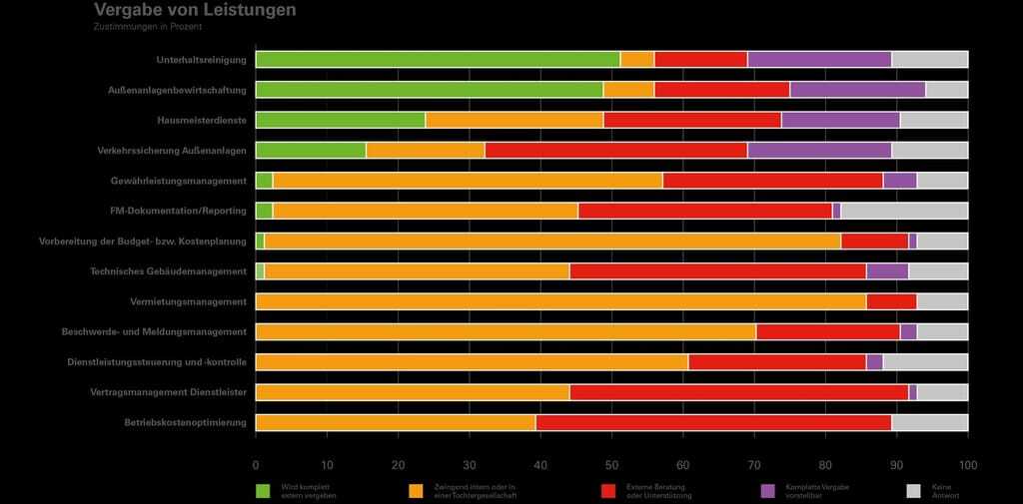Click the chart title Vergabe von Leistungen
tap(195, 10)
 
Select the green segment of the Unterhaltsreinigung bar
tap(438, 59)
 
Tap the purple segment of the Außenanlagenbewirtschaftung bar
tap(857, 89)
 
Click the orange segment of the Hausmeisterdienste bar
tap(514, 120)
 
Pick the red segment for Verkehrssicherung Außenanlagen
tap(615, 150)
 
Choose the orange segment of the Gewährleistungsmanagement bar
tap(467, 181)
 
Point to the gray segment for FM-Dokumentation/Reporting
tap(904, 211)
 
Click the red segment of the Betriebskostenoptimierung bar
tap(713, 422)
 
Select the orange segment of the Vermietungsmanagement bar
tap(560, 301)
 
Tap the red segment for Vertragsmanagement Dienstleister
tap(738, 392)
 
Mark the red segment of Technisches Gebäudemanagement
tap(717, 271)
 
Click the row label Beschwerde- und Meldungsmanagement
tap(154, 331)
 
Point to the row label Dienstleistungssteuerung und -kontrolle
tap(157, 362)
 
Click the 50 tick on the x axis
tap(611, 465)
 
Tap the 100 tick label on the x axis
tap(967, 465)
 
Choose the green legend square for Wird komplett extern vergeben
tap(263, 490)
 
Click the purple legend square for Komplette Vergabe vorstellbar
tap(767, 490)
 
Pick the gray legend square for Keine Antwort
tap(912, 490)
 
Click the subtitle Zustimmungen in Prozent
tap(148, 27)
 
